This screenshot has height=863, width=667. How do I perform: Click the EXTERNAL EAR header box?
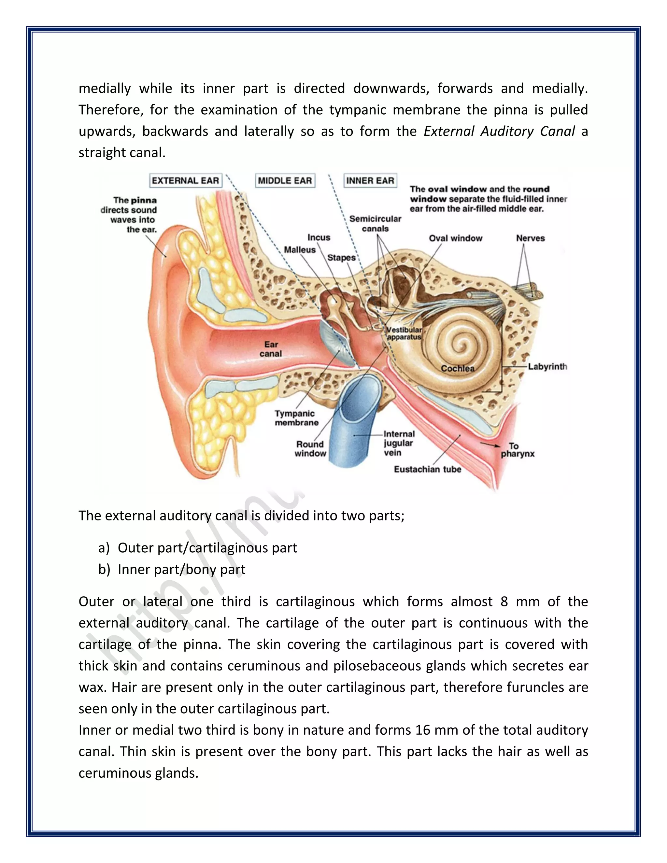[185, 181]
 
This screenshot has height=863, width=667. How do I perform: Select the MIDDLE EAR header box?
[285, 181]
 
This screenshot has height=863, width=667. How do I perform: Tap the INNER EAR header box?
[370, 181]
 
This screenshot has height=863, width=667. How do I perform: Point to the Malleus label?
[300, 250]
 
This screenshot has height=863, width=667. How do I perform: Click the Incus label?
[319, 237]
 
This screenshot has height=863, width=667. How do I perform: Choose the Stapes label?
[341, 258]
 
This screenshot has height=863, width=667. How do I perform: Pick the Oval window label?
[456, 238]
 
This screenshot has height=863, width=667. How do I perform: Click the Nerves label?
[530, 238]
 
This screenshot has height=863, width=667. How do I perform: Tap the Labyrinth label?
[548, 367]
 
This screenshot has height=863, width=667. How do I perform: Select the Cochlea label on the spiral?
[458, 368]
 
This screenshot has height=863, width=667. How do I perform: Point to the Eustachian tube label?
[428, 469]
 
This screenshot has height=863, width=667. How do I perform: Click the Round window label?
[310, 449]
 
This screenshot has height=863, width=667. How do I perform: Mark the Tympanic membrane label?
[296, 418]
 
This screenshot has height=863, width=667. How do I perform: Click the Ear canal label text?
[271, 349]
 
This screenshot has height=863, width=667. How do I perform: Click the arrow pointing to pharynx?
[489, 445]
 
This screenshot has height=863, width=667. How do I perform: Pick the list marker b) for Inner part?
[104, 569]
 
